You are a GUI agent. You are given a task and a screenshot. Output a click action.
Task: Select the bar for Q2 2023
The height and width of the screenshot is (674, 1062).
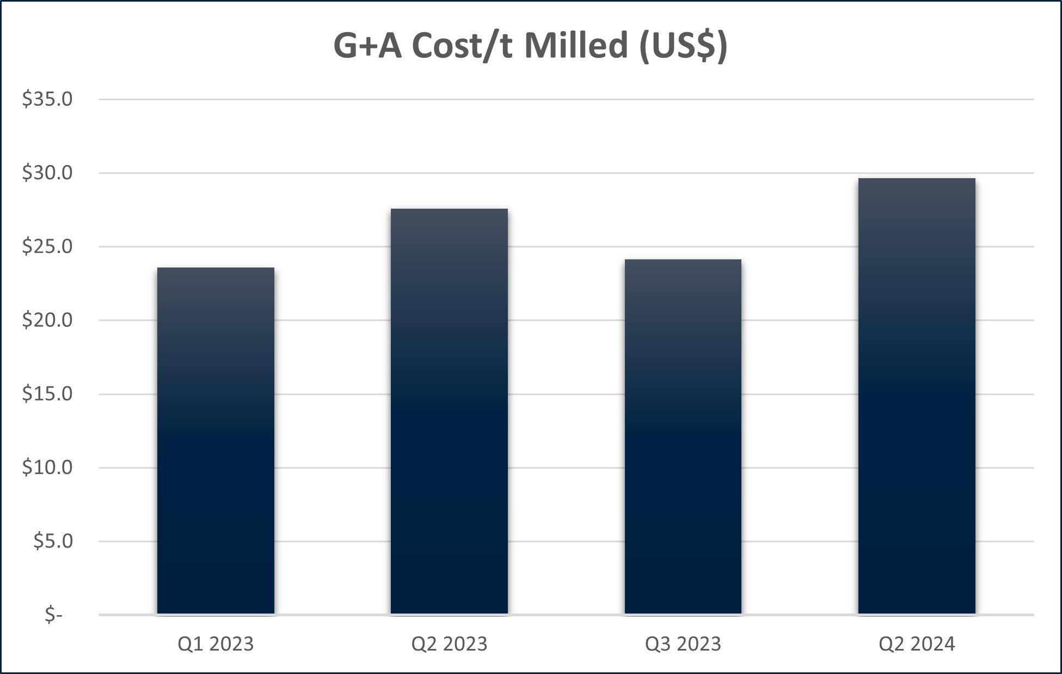coord(449,411)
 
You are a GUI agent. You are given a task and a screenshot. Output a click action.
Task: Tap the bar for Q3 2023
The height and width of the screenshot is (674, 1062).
coord(683,436)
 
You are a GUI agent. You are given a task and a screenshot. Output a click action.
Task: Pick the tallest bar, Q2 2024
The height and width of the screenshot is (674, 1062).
coord(917,396)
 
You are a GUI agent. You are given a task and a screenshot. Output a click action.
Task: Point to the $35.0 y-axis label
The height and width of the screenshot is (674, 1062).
coord(47,99)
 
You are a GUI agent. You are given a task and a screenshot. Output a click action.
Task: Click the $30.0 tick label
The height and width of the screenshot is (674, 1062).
coord(47,173)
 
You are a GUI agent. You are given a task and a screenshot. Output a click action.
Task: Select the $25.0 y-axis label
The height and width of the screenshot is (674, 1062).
coord(47,246)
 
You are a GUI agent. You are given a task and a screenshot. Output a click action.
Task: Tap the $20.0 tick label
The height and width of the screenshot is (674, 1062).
coord(47,320)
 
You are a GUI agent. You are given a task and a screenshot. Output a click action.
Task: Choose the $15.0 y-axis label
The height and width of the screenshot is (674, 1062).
coord(47,393)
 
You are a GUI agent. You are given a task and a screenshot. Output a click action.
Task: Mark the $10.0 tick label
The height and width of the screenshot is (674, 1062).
coord(47,467)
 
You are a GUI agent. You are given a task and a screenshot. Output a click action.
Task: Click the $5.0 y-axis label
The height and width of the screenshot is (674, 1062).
coord(53,541)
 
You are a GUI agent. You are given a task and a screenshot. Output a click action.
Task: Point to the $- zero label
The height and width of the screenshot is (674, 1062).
coord(54,615)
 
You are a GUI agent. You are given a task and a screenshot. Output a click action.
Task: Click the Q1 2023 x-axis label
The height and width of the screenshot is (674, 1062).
coord(216,644)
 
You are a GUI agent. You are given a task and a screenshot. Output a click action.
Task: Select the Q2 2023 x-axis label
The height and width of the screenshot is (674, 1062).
coord(449,644)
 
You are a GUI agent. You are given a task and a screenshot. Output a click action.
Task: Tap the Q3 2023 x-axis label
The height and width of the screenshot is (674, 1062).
coord(683,644)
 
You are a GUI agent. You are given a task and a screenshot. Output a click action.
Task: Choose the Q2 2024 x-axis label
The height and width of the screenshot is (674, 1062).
coord(917,644)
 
